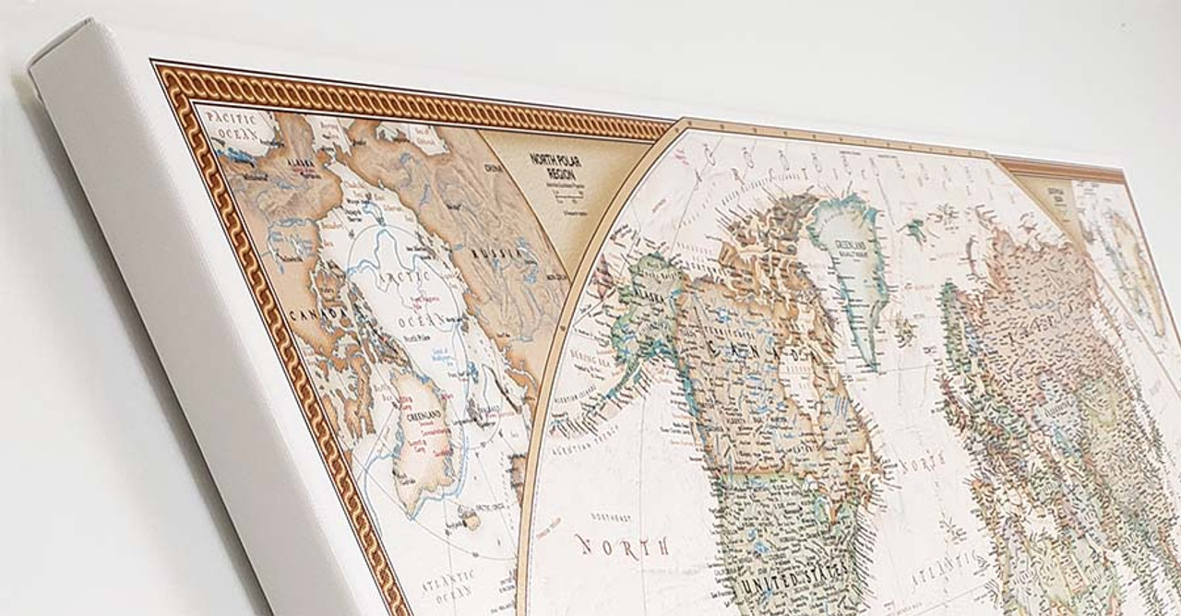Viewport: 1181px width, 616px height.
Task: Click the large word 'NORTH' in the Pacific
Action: (x=623, y=544)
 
